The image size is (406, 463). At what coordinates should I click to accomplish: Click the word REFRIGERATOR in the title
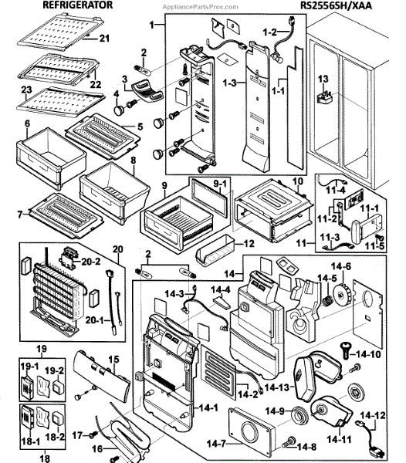pos(78,5)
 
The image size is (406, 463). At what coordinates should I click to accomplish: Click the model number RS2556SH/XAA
pos(336,5)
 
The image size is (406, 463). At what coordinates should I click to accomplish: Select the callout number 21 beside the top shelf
pos(104,38)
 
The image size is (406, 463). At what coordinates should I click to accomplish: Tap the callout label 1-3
pos(230,83)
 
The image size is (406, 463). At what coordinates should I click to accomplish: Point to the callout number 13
pos(323,79)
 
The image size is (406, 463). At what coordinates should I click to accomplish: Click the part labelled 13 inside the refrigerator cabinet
pos(324,97)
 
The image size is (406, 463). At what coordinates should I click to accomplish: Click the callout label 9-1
pos(220,184)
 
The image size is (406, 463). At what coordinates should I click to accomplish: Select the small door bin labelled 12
pos(215,250)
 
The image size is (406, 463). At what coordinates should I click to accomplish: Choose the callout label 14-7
pos(216,444)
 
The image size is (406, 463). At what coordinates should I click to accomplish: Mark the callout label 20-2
pos(91,261)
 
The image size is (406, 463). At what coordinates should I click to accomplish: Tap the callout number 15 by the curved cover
pos(113,360)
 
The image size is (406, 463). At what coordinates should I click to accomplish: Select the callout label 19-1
pos(29,366)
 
